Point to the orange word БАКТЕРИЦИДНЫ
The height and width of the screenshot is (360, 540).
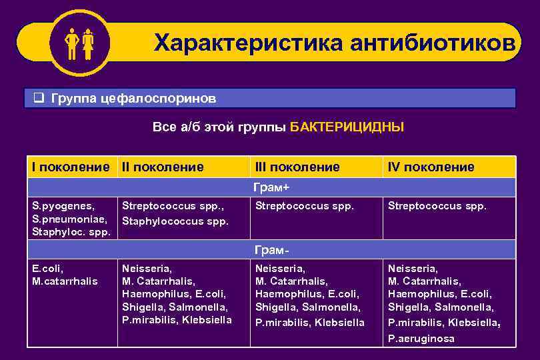point(347,127)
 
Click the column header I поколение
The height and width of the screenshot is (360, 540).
point(71,167)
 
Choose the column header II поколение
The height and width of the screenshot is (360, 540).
point(163,167)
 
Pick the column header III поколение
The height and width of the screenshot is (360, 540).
point(297,167)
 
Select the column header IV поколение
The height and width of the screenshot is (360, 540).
point(431,167)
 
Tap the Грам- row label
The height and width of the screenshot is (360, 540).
point(272,249)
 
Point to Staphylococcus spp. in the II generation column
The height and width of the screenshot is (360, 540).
point(175,221)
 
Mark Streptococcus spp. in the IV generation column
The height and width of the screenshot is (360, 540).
point(437,206)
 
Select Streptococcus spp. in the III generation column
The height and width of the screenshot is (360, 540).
point(304,206)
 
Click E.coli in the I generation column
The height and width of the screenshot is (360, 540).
point(47,268)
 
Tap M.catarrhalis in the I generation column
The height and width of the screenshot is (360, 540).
point(65,281)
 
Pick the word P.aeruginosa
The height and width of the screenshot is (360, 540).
point(421,339)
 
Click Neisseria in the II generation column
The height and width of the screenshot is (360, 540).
point(147,268)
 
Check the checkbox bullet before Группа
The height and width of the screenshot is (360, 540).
point(39,99)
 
